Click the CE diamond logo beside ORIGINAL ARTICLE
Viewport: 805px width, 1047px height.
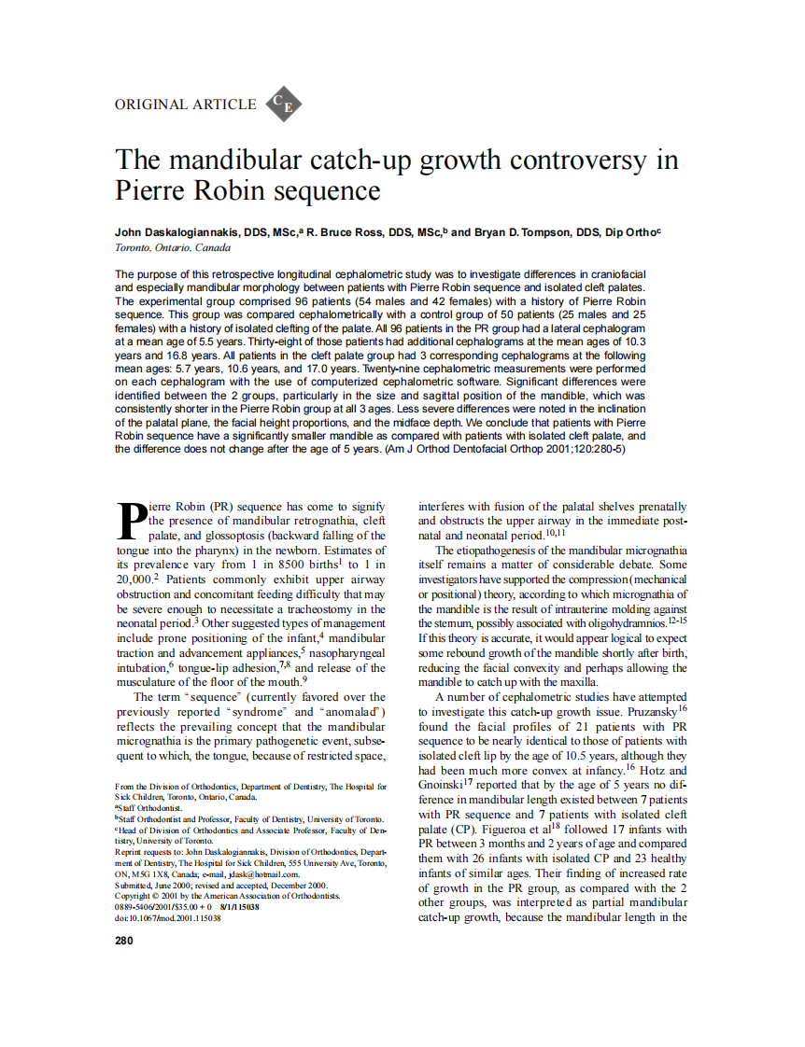click(x=284, y=105)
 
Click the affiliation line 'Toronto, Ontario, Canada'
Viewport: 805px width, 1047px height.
click(x=173, y=247)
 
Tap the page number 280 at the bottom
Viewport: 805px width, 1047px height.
click(x=124, y=941)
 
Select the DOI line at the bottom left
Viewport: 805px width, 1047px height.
click(x=168, y=918)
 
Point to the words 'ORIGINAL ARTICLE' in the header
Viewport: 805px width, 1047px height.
click(x=185, y=105)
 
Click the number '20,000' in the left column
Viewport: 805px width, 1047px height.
click(x=133, y=579)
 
